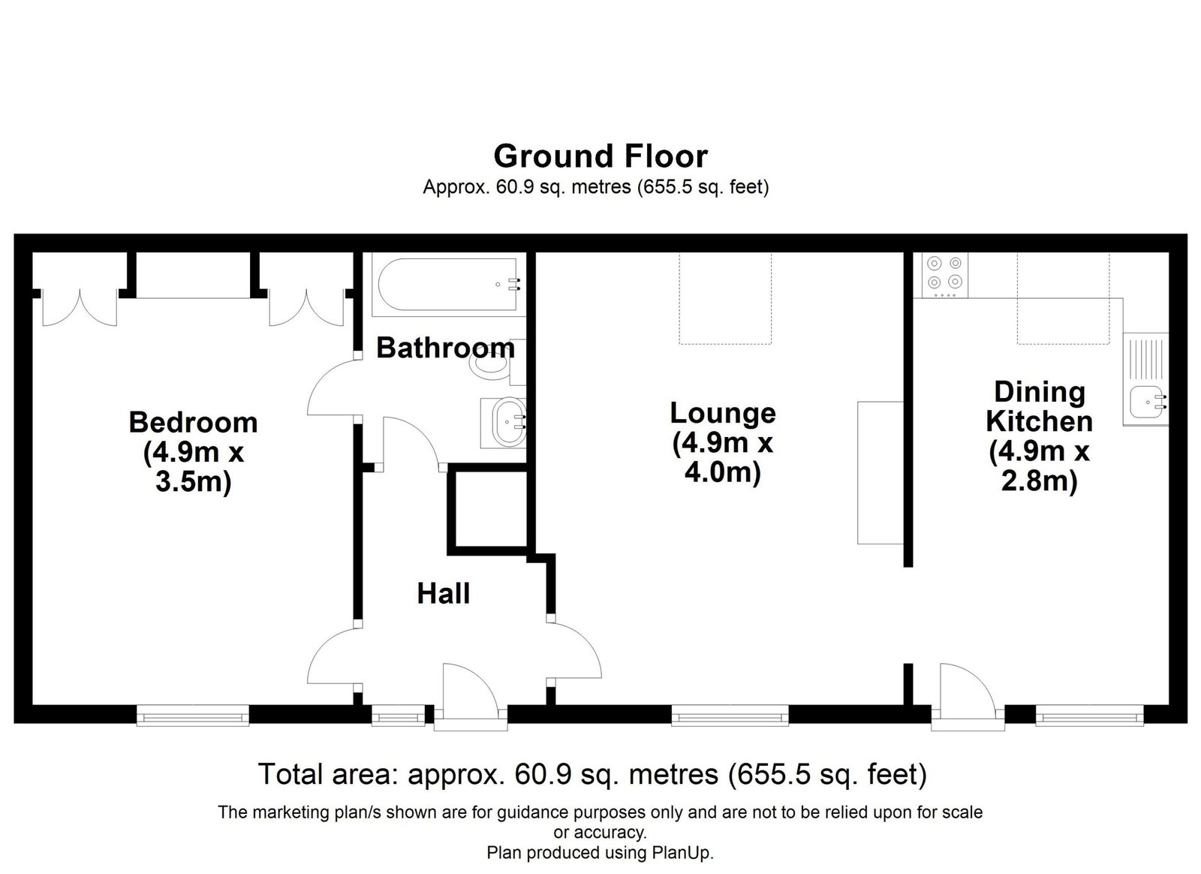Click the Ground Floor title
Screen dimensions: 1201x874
(x=600, y=156)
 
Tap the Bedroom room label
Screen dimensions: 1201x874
(x=193, y=423)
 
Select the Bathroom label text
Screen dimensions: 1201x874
(x=446, y=348)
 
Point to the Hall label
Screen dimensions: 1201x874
(x=444, y=594)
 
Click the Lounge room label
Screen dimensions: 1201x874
(x=723, y=414)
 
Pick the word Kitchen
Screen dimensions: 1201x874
(x=1039, y=421)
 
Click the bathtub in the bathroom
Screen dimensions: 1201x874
(x=448, y=284)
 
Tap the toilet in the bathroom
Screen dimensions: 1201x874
(x=497, y=363)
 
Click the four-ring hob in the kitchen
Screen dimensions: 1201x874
(x=945, y=275)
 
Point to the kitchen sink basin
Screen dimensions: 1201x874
(x=1146, y=402)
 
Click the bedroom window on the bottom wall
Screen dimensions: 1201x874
(x=193, y=715)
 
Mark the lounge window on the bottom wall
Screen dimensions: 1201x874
(x=730, y=715)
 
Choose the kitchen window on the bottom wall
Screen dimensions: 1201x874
(x=1089, y=715)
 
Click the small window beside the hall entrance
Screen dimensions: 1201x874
(x=399, y=715)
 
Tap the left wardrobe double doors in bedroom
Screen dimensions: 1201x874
(x=80, y=309)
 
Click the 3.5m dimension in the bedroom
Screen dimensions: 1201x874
(x=193, y=481)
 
